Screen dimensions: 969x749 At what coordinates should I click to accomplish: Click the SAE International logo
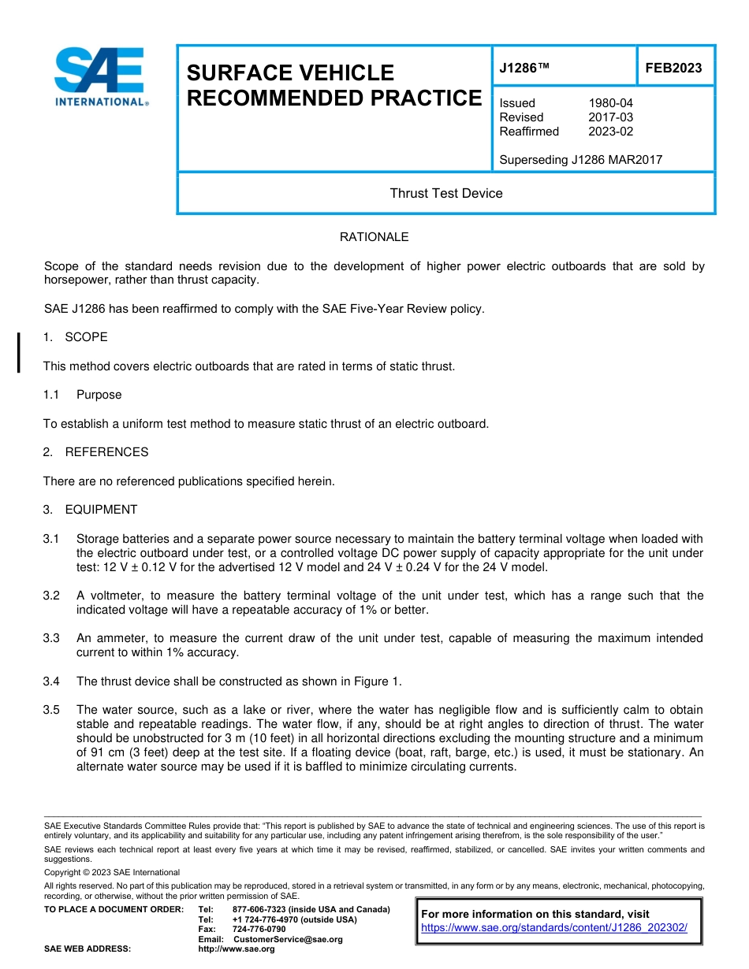tap(100, 76)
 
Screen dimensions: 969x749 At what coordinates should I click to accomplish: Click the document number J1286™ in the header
tap(524, 69)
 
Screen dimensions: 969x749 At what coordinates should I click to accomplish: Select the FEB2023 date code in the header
tap(673, 69)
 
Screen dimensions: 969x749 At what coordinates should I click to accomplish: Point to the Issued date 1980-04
tap(610, 103)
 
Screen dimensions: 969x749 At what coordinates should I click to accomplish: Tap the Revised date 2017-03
tap(610, 117)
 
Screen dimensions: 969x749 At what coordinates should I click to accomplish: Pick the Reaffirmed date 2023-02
tap(610, 132)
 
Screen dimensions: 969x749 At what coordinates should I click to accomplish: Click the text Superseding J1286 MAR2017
tap(580, 160)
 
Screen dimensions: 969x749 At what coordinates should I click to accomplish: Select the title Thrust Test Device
tap(445, 193)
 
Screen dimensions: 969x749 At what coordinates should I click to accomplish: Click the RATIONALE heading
tap(374, 237)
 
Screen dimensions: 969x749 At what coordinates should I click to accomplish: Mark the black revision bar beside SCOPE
tap(19, 351)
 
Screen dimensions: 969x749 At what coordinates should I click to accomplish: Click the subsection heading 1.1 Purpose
tap(82, 395)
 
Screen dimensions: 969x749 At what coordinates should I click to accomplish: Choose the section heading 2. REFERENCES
tap(95, 452)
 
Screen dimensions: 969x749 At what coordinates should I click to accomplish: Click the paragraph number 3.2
tap(51, 596)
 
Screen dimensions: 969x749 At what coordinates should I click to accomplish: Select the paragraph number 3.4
tap(51, 681)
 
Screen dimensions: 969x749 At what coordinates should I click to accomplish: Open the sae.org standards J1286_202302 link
tap(554, 928)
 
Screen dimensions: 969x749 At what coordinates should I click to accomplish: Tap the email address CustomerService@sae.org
tap(288, 939)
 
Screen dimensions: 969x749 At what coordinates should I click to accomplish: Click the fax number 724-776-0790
tap(259, 930)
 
